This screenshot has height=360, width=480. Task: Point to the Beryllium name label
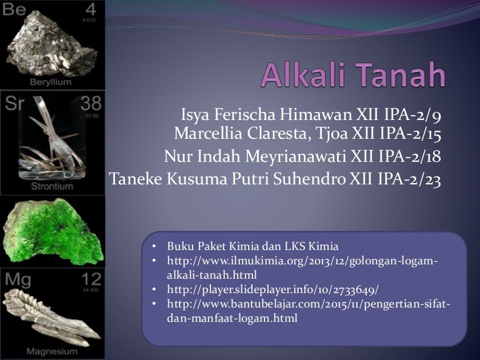[x=51, y=82]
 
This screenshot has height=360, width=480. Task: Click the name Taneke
[x=134, y=179]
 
